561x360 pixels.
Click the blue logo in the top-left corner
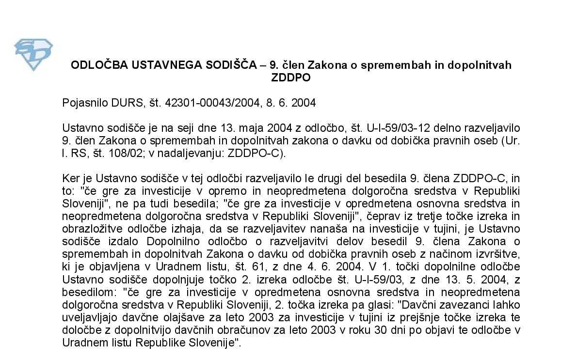[33, 54]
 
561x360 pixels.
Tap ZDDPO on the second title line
[291, 78]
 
